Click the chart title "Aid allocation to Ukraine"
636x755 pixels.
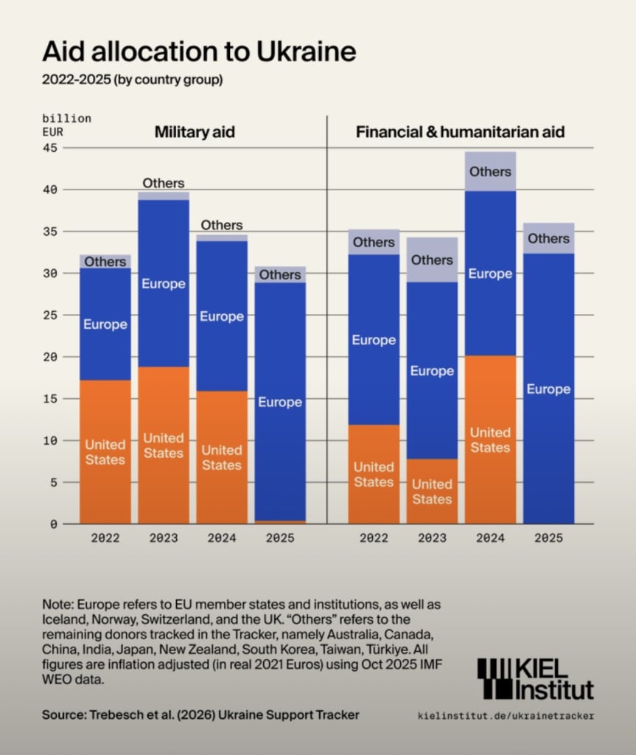coord(199,52)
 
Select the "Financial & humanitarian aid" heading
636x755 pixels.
coord(460,133)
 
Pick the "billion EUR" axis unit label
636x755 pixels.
coord(66,125)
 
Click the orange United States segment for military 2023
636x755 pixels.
coord(164,445)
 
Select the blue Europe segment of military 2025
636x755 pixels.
coord(280,402)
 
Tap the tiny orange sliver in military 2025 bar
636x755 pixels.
coord(280,522)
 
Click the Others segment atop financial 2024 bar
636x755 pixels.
coord(490,171)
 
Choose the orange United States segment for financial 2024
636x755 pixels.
coord(490,440)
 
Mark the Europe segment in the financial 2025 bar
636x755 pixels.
coord(548,389)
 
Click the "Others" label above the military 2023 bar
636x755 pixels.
coord(164,183)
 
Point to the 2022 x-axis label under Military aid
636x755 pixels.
coord(105,538)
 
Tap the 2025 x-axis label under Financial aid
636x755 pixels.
coord(548,538)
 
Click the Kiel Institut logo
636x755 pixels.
coord(535,678)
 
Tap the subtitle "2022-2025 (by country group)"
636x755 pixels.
coord(132,79)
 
